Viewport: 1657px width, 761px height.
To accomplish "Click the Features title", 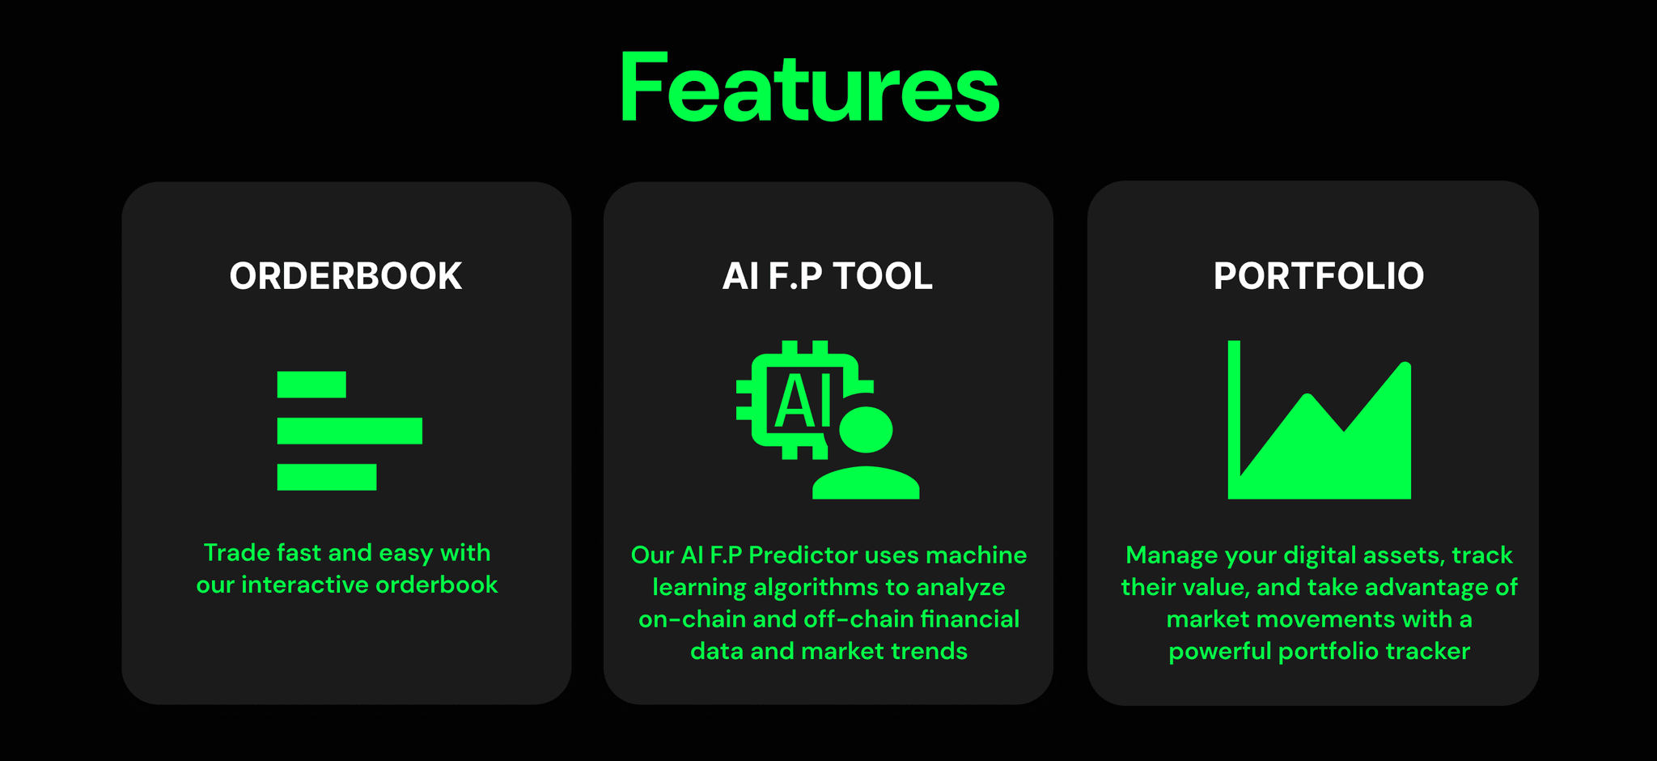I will (x=810, y=88).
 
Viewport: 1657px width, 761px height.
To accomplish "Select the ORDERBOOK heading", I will (x=345, y=276).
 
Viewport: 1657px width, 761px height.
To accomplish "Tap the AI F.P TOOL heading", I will (x=827, y=276).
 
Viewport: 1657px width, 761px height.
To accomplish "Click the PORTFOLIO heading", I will (x=1319, y=276).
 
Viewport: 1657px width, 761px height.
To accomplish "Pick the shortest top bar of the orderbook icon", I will (x=311, y=385).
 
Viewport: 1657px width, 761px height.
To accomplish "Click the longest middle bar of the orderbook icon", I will (x=350, y=431).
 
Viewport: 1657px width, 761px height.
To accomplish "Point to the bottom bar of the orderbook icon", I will (x=327, y=477).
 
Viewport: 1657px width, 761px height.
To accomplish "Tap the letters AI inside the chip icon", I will (x=802, y=402).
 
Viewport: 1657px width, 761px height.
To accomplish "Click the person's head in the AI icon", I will (x=866, y=429).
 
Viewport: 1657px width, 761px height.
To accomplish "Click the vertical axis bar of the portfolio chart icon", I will (x=1234, y=405).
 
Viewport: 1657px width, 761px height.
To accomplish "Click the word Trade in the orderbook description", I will (x=236, y=553).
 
